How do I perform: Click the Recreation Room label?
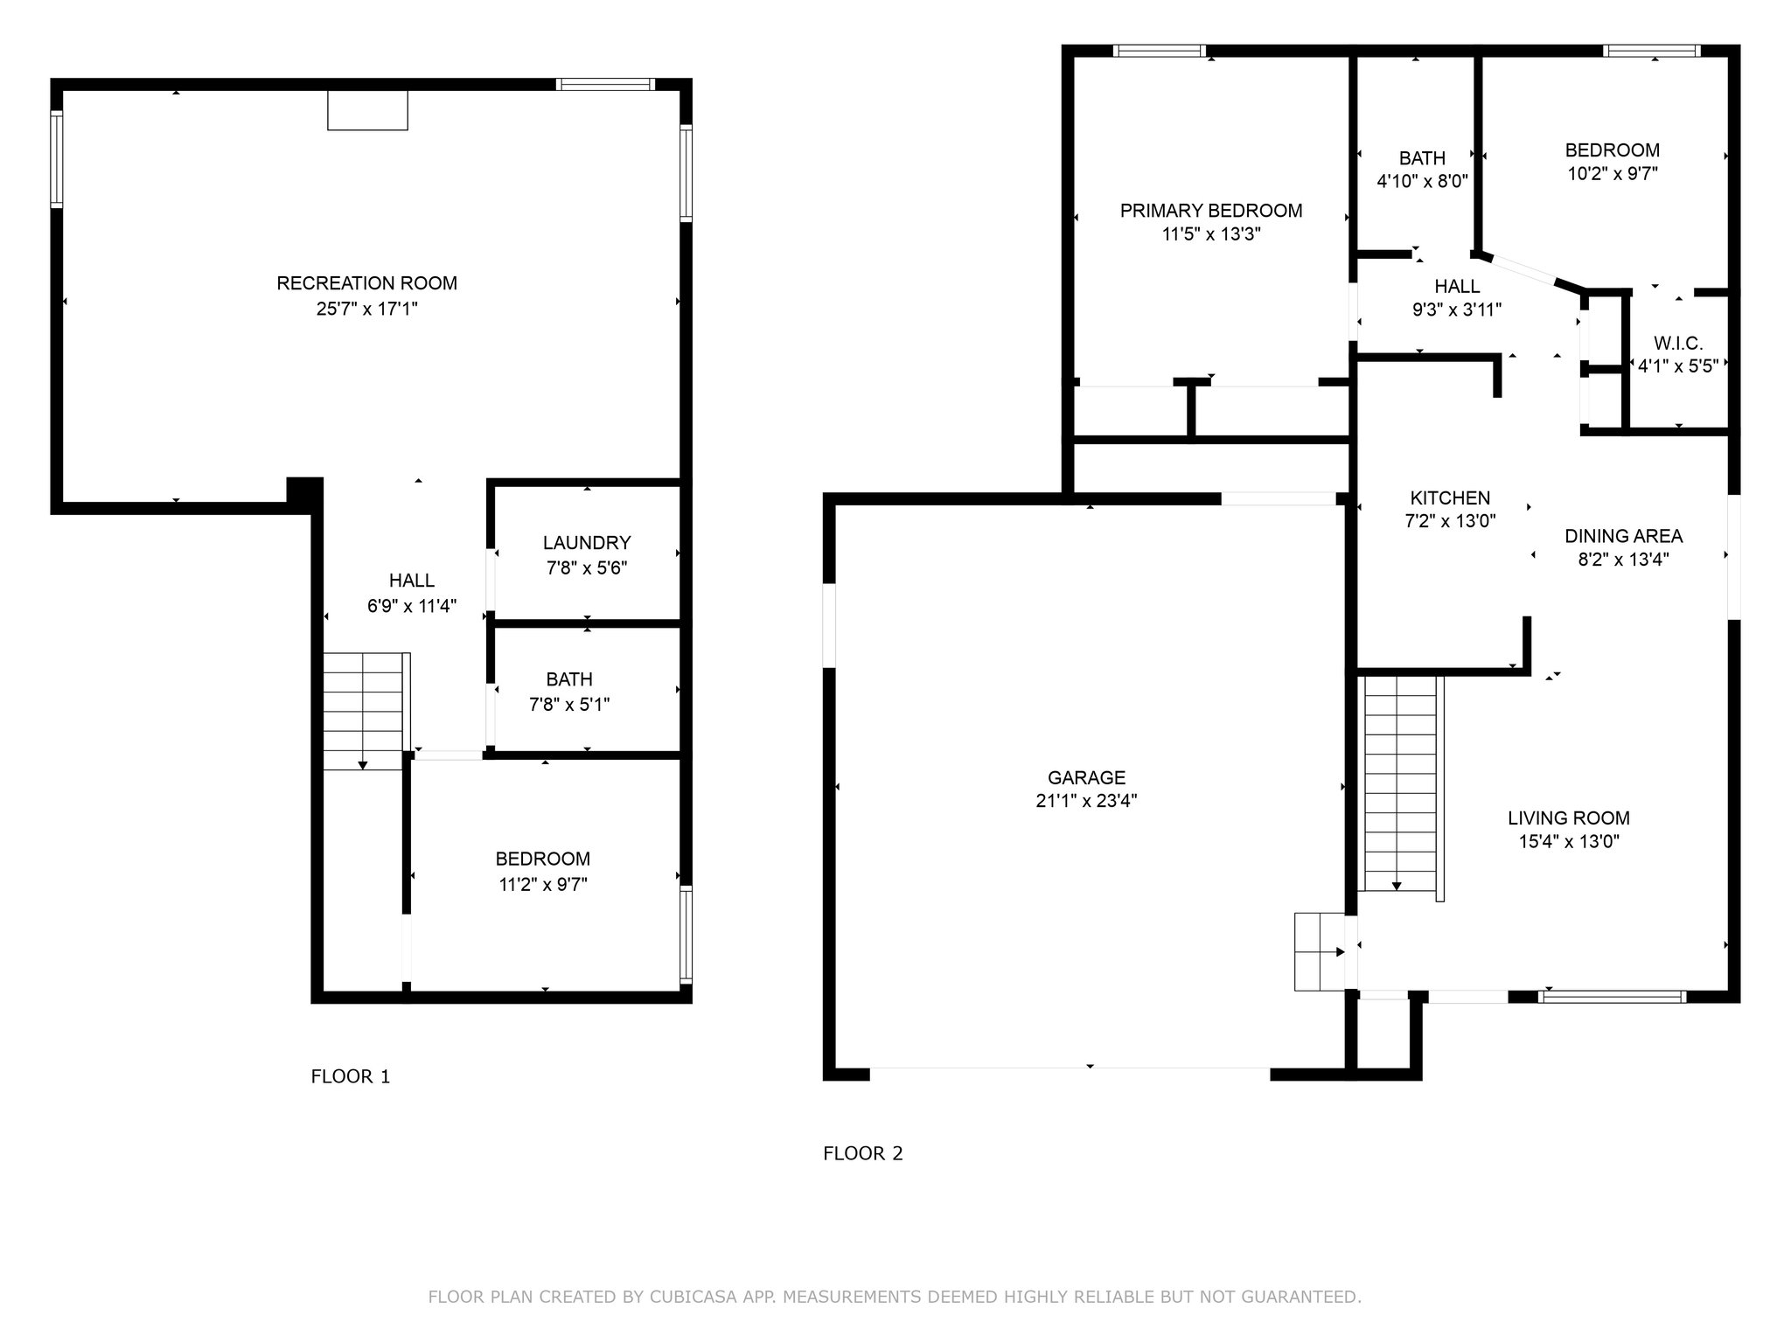(x=367, y=283)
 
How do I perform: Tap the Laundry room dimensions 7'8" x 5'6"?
(x=587, y=567)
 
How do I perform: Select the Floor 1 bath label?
(x=569, y=679)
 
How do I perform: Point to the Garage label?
(x=1087, y=777)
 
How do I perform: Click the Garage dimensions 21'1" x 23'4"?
(x=1087, y=801)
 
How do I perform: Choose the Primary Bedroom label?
(x=1211, y=211)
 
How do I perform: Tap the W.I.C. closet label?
(x=1678, y=344)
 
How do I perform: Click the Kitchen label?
(x=1450, y=498)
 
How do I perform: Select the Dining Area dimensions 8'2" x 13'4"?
(x=1623, y=560)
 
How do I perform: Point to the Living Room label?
(x=1569, y=818)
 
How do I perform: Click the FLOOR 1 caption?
(x=351, y=1076)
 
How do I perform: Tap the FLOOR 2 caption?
(x=863, y=1153)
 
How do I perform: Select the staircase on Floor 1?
(x=363, y=711)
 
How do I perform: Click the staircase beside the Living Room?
(x=1402, y=783)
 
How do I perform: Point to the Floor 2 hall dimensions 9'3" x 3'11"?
(x=1457, y=310)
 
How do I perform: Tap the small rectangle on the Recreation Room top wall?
(x=367, y=110)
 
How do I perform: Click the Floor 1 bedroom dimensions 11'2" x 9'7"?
(x=543, y=884)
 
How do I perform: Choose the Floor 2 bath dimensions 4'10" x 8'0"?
(x=1422, y=182)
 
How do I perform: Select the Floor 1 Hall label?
(x=412, y=581)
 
